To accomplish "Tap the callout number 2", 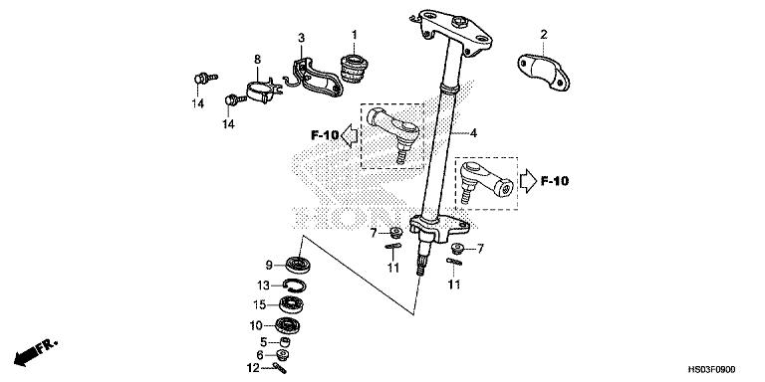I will pyautogui.click(x=544, y=36).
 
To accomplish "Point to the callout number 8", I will pyautogui.click(x=256, y=60).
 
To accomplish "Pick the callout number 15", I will pyautogui.click(x=260, y=304).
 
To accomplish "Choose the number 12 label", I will pyautogui.click(x=255, y=368).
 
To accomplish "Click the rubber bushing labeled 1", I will pyautogui.click(x=353, y=70).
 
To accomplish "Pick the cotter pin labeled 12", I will pyautogui.click(x=280, y=368).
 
